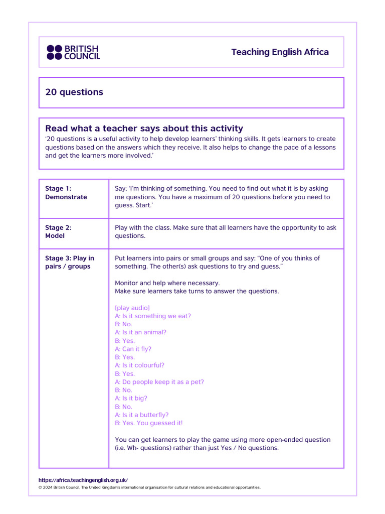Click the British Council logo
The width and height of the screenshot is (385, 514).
pyautogui.click(x=73, y=52)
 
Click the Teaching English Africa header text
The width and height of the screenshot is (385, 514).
pyautogui.click(x=280, y=52)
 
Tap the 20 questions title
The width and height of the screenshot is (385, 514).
pyautogui.click(x=74, y=92)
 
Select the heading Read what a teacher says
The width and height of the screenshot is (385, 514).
pyautogui.click(x=144, y=128)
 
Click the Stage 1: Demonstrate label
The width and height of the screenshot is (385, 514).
pyautogui.click(x=66, y=193)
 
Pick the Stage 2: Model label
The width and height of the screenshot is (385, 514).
pyautogui.click(x=58, y=231)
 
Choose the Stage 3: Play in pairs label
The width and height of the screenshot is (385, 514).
pyautogui.click(x=69, y=262)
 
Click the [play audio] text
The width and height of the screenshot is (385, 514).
pyautogui.click(x=132, y=308)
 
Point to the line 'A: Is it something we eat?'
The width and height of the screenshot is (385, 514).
pyautogui.click(x=153, y=316)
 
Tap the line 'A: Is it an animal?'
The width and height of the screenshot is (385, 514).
pyautogui.click(x=140, y=332)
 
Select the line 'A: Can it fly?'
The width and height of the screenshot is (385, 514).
pyautogui.click(x=133, y=349)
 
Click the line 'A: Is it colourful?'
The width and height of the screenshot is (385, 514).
pyautogui.click(x=139, y=365)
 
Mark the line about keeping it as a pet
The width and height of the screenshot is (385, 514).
pyautogui.click(x=159, y=382)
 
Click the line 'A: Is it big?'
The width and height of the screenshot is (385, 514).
pyautogui.click(x=131, y=398)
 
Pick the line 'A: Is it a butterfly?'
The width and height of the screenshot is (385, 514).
pyautogui.click(x=141, y=415)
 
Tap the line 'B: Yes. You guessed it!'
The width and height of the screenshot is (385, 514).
pyautogui.click(x=149, y=423)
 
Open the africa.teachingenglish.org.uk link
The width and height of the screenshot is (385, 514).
pyautogui.click(x=83, y=480)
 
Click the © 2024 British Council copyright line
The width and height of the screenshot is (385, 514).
pyautogui.click(x=149, y=487)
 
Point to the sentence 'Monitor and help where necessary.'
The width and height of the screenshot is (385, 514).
pyautogui.click(x=167, y=283)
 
